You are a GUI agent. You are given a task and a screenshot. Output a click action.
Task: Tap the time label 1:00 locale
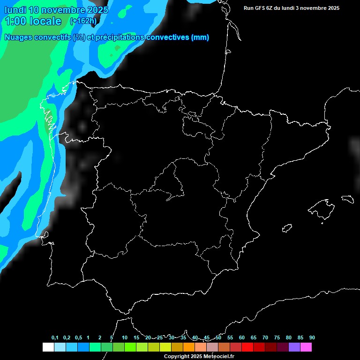(x=33, y=21)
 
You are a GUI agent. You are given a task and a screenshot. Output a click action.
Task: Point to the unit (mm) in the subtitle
(x=200, y=37)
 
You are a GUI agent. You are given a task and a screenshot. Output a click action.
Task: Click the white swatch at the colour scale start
(x=48, y=347)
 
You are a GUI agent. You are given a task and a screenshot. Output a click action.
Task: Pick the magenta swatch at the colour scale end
(x=306, y=347)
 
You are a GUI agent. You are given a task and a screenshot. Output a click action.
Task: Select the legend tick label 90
(x=312, y=337)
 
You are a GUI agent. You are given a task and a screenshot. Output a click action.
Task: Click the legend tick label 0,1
(x=55, y=337)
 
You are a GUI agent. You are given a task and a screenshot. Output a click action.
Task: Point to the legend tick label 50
(x=218, y=337)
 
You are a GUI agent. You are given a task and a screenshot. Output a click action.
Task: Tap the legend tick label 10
(x=125, y=337)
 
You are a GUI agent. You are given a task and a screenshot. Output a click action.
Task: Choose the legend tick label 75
(x=277, y=337)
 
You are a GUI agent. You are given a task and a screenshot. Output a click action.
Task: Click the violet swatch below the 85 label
(x=294, y=347)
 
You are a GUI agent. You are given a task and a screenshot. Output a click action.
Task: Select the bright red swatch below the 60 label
(x=247, y=347)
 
